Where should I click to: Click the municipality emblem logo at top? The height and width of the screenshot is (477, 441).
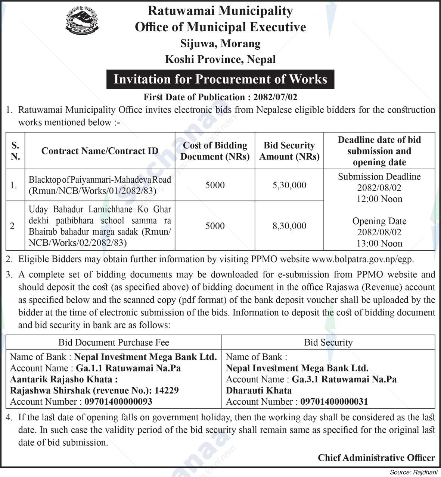click(82, 21)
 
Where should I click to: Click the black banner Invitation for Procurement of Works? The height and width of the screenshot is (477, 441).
click(220, 79)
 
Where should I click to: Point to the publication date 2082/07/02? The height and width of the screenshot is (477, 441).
click(275, 97)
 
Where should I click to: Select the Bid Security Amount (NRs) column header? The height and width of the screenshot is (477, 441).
click(289, 151)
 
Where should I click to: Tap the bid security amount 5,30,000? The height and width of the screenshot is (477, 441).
click(289, 185)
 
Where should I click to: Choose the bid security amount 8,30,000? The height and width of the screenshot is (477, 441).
click(289, 226)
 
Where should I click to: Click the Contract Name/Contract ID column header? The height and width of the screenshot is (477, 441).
click(100, 151)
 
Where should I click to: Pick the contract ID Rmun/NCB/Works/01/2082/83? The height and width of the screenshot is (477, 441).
click(93, 191)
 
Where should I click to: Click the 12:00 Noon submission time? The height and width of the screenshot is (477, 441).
click(379, 199)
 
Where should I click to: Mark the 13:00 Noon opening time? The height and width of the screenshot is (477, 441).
click(379, 243)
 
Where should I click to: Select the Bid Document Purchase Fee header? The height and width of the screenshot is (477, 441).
click(114, 342)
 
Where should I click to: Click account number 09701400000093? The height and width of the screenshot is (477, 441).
click(118, 402)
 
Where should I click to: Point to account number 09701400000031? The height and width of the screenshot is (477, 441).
click(334, 402)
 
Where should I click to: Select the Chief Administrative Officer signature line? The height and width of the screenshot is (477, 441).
click(376, 458)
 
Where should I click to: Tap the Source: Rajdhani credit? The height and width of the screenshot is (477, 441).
click(413, 472)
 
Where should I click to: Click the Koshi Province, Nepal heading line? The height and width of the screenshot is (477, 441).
click(220, 59)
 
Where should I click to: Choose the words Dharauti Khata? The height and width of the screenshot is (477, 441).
click(259, 390)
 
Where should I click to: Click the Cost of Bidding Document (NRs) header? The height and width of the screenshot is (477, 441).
click(215, 151)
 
